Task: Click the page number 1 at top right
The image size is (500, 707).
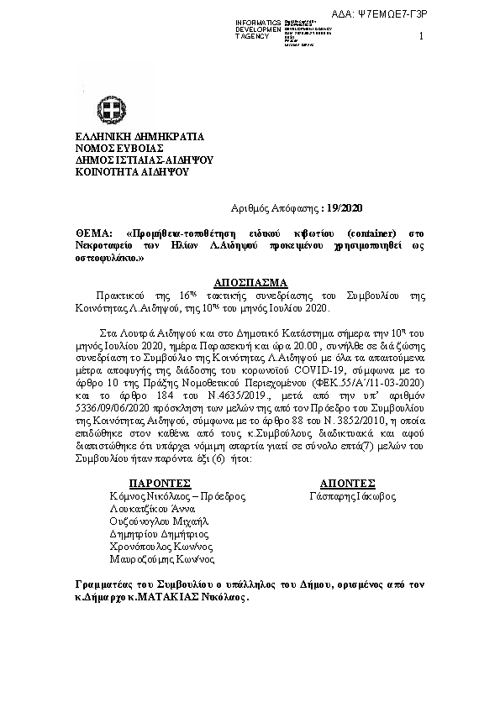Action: tap(419, 36)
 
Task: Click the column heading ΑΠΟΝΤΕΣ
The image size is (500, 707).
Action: tap(347, 483)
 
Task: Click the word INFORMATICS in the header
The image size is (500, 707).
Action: tap(258, 21)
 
